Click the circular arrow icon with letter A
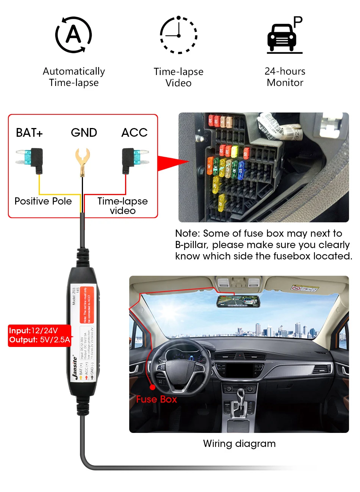[74, 35]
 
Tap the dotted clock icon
[178, 35]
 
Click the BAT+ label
[29, 133]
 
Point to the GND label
[84, 133]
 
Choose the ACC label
[134, 133]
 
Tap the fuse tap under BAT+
[31, 158]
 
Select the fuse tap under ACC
[134, 158]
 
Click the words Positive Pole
[43, 201]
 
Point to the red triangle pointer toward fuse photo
[171, 162]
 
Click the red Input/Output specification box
[39, 335]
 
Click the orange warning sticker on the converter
[86, 305]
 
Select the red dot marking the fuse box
[152, 387]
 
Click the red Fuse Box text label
[157, 399]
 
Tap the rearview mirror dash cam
[238, 301]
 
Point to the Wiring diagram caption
[239, 444]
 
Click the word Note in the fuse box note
[187, 233]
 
